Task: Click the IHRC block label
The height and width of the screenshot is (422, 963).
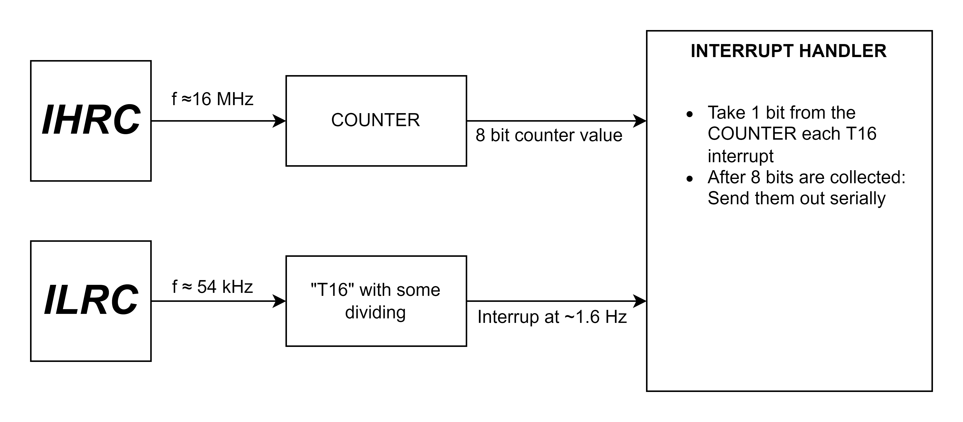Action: click(91, 120)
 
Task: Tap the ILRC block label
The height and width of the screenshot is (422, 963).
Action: click(91, 300)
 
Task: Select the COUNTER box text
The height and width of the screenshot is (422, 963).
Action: click(375, 120)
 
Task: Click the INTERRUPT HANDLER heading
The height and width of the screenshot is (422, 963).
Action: click(788, 51)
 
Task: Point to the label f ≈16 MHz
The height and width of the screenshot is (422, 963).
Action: click(212, 99)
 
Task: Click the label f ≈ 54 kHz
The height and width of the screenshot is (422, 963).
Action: click(212, 287)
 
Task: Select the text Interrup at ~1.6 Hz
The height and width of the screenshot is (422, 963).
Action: click(552, 317)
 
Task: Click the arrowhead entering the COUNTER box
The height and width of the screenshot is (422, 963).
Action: click(279, 121)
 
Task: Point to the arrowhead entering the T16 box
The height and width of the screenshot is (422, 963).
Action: click(279, 301)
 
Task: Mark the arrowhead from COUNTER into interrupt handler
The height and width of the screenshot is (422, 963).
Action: click(640, 121)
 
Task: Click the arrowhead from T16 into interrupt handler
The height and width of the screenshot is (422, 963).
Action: click(640, 301)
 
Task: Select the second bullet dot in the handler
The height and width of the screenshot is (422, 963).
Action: click(690, 179)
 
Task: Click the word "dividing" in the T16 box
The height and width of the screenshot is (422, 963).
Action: click(375, 312)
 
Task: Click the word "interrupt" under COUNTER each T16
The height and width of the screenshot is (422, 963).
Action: click(741, 156)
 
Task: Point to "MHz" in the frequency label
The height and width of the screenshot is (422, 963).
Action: click(235, 99)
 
